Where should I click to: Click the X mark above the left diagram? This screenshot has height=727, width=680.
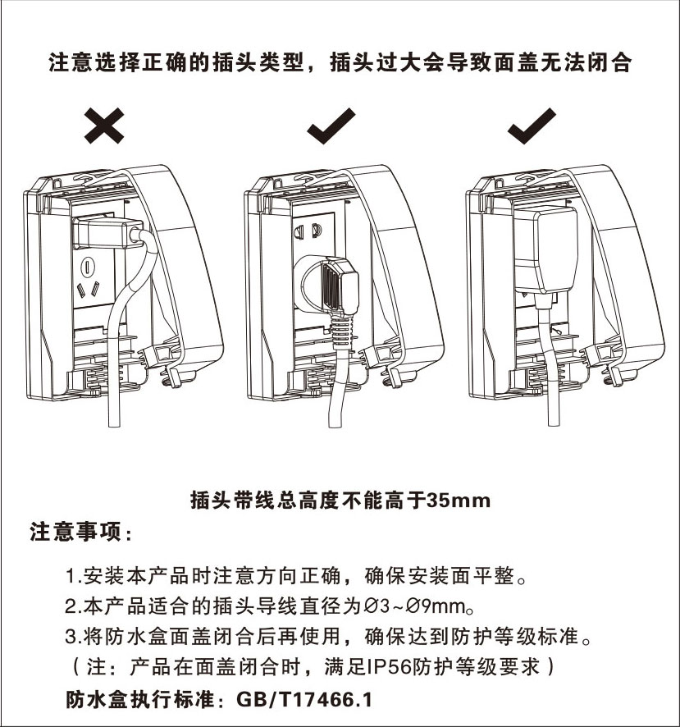pyautogui.click(x=104, y=126)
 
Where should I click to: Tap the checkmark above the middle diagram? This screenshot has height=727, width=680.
pyautogui.click(x=331, y=126)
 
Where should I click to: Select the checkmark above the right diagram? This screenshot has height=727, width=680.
pyautogui.click(x=532, y=126)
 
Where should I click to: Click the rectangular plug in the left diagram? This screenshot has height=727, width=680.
pyautogui.click(x=107, y=231)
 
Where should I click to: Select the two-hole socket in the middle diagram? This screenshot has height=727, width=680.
pyautogui.click(x=308, y=230)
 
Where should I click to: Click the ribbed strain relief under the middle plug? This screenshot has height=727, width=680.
pyautogui.click(x=342, y=331)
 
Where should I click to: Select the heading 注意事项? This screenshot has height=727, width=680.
pyautogui.click(x=75, y=532)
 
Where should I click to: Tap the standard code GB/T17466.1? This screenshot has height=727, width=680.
pyautogui.click(x=304, y=700)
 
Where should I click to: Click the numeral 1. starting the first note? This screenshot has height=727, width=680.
pyautogui.click(x=73, y=576)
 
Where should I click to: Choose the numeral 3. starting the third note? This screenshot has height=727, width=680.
pyautogui.click(x=73, y=637)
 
